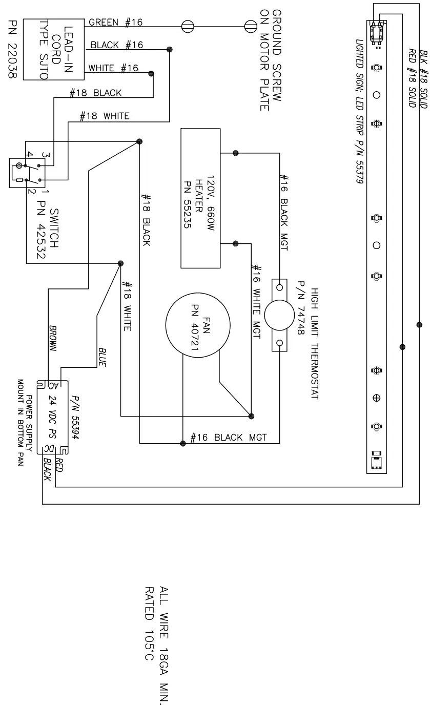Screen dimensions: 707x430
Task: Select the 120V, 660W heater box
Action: [x=200, y=198]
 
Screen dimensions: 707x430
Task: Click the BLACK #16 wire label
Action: [x=117, y=45]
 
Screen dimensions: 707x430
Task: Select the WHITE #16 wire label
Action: [x=113, y=68]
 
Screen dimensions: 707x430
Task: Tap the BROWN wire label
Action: [x=53, y=338]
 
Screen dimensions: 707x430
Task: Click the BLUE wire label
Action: [x=102, y=357]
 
